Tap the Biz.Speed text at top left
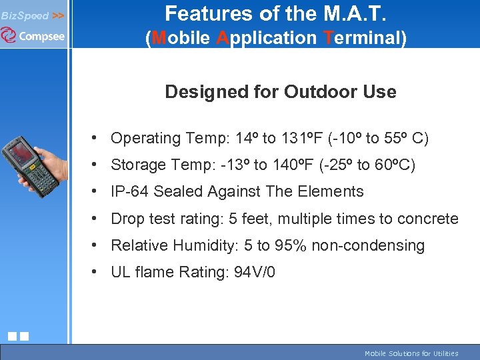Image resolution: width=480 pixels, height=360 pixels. (25, 15)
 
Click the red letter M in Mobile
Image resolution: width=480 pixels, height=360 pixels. (158, 38)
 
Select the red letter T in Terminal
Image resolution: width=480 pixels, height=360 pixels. (327, 38)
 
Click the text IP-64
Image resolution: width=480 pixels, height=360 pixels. (130, 192)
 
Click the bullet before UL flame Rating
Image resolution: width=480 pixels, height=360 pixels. (97, 271)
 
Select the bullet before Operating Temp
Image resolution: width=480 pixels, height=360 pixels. (97, 138)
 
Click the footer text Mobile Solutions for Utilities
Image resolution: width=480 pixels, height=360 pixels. (411, 353)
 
